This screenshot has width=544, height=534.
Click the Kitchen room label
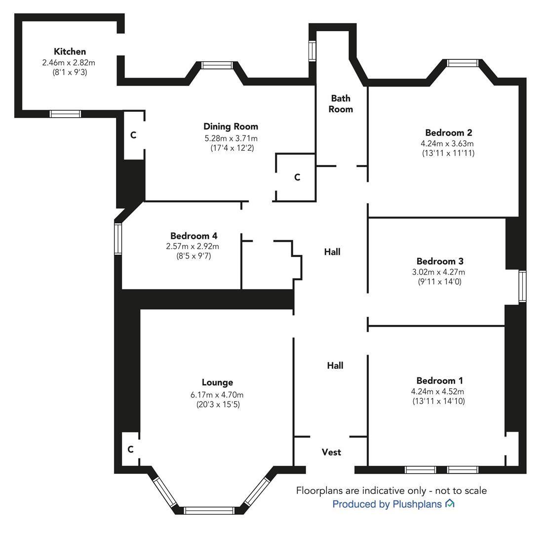pos(70,51)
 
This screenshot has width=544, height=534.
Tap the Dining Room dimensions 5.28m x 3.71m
pos(231,138)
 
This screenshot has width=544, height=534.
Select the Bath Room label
pos(341,103)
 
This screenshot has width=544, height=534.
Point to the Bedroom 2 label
pos(449,133)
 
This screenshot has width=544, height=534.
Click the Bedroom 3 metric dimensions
pos(438,272)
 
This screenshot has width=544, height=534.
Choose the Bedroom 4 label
pos(194,236)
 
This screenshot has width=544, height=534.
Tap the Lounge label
pos(218,383)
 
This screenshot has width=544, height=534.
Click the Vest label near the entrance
pos(331,452)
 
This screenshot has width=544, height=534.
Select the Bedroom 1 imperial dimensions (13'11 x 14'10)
pos(438,401)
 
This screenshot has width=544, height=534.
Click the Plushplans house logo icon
pos(450,503)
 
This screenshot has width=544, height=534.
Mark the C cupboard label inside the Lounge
pos(130,449)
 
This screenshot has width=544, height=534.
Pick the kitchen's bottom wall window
pos(65,114)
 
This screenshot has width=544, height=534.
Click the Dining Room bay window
pos(217,65)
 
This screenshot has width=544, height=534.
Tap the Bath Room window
pos(312,51)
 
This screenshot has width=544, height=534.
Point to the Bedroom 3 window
pos(522,286)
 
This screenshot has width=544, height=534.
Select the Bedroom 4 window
pos(118,239)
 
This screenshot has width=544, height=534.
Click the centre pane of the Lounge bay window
pos(209,510)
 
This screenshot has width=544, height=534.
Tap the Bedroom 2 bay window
pos(463,63)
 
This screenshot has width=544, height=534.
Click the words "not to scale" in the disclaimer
pos(461,490)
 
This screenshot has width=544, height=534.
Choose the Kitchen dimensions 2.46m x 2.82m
pos(69,63)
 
